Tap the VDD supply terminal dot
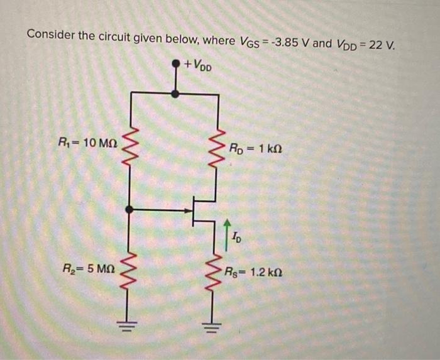(x=177, y=64)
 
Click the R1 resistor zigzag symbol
(x=130, y=146)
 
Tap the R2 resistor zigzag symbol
(x=130, y=271)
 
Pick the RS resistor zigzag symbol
(x=218, y=273)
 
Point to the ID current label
(x=235, y=237)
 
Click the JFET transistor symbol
(x=200, y=209)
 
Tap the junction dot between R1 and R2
(x=130, y=209)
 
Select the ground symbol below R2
(x=130, y=325)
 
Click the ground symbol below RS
(x=218, y=325)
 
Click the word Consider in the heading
(x=51, y=35)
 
